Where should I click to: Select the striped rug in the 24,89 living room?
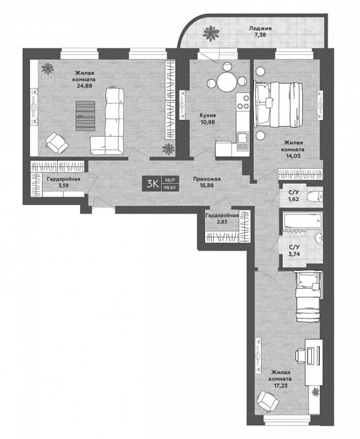point(85,116)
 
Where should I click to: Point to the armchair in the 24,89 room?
point(57,144)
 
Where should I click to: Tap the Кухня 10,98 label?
point(209,120)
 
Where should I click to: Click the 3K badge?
point(152,183)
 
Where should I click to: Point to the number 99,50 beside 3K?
point(170,187)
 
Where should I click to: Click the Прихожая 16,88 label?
point(206,182)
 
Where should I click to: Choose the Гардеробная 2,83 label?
point(221,219)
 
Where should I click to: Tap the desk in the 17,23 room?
point(312,363)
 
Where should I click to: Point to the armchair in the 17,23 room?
point(267,399)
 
